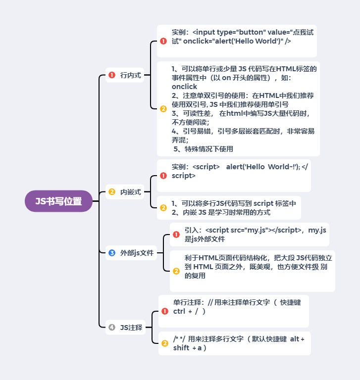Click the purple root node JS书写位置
point(58,201)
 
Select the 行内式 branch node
point(130,75)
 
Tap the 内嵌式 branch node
point(130,192)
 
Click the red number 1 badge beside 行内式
point(111,75)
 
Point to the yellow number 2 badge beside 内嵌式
point(111,192)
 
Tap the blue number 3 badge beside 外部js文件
point(111,253)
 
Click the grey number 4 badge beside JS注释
point(111,327)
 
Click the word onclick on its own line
point(184,87)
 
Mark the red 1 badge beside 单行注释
point(165,311)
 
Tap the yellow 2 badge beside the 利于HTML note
point(176,271)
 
